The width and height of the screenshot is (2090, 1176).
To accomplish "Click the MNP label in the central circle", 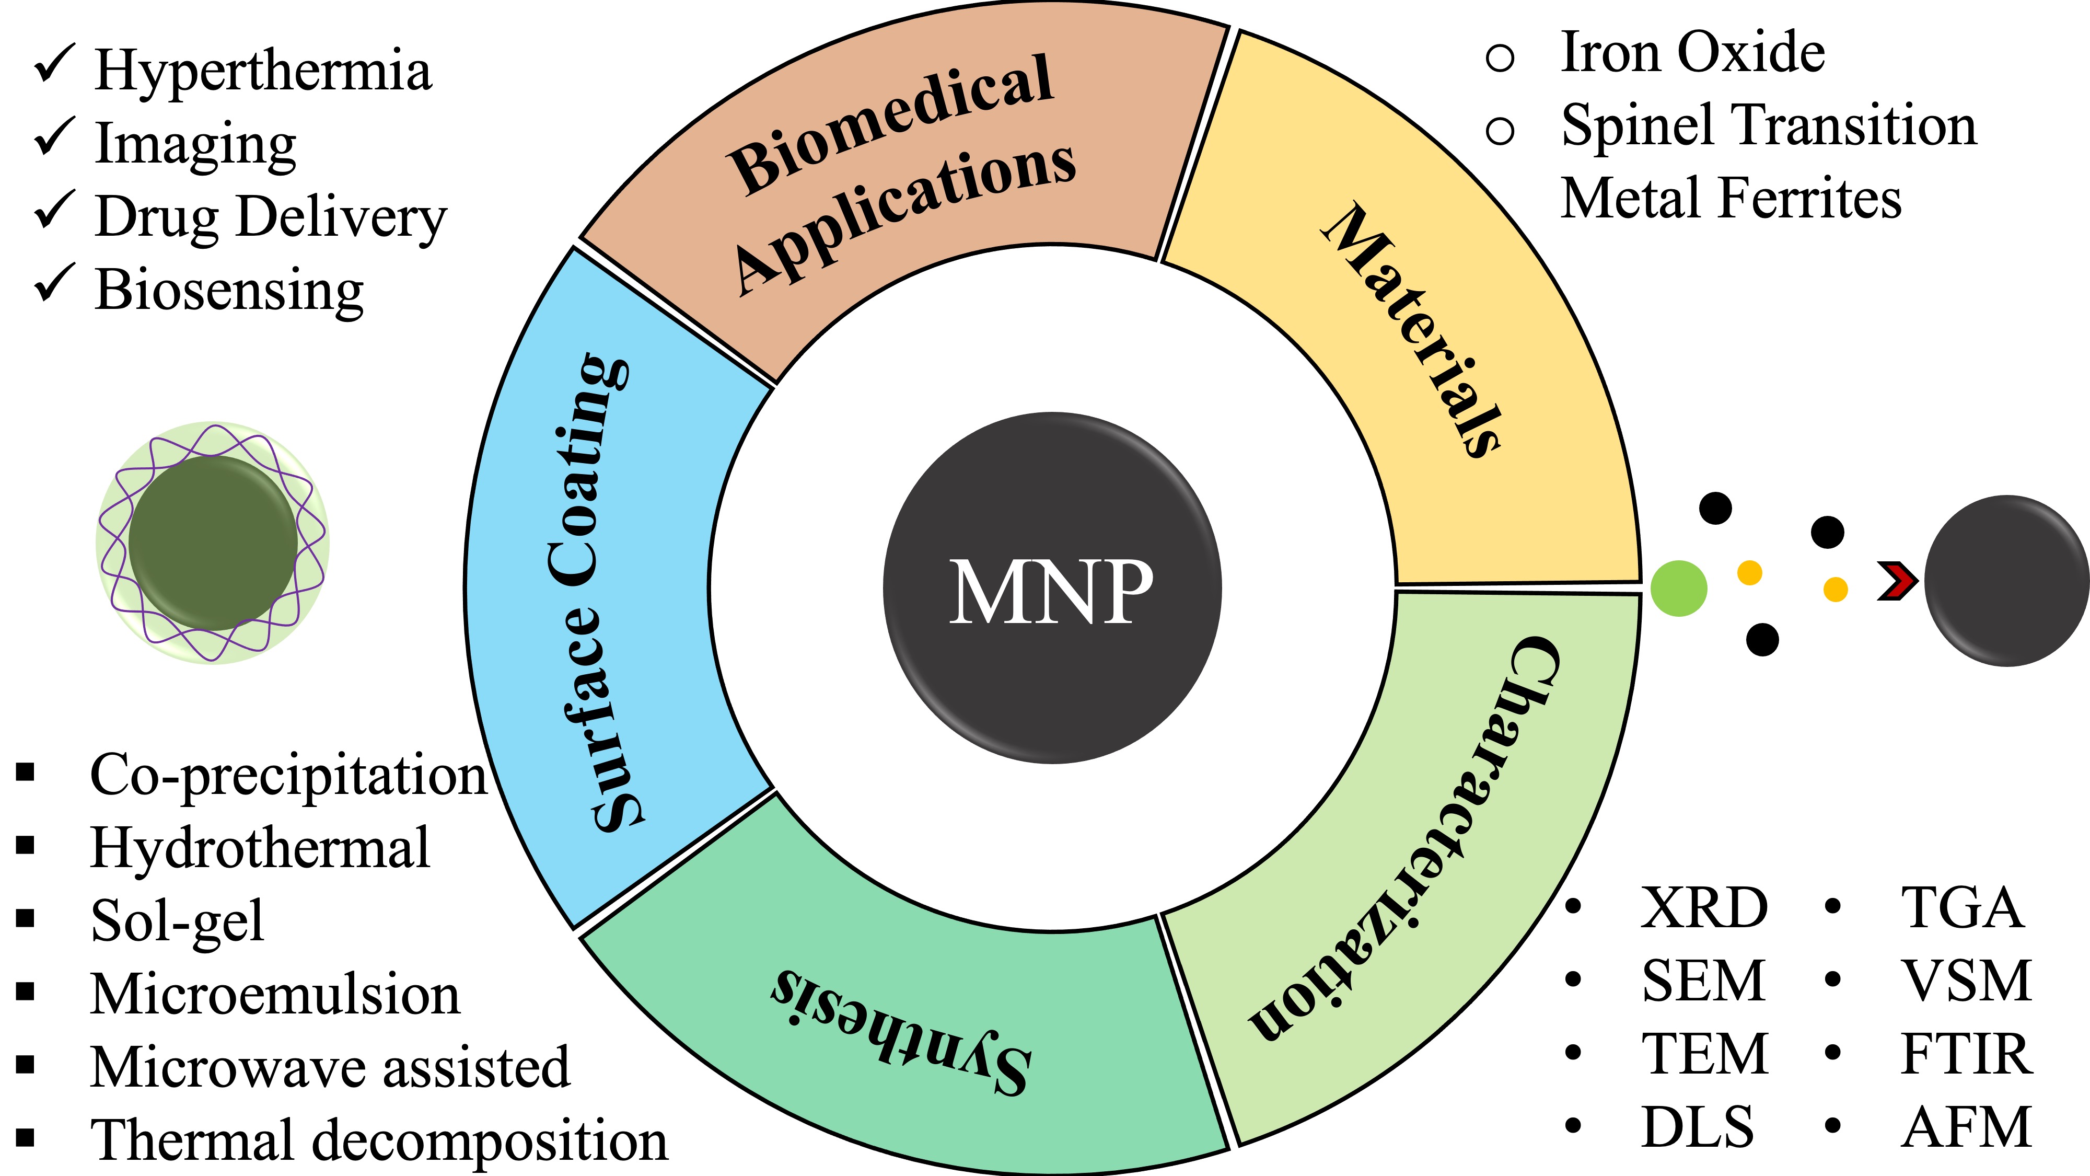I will coord(1051,591).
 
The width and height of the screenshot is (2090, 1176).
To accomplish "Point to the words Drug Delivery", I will coord(270,217).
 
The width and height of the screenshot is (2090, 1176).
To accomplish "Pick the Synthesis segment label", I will coord(901,1031).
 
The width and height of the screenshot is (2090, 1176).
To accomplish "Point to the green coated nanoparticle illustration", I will coord(213,542).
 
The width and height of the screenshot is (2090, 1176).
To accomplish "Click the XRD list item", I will coord(1704,907).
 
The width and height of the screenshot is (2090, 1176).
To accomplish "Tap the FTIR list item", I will coord(1965,1054).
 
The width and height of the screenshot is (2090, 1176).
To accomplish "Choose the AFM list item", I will coord(1965,1127).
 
